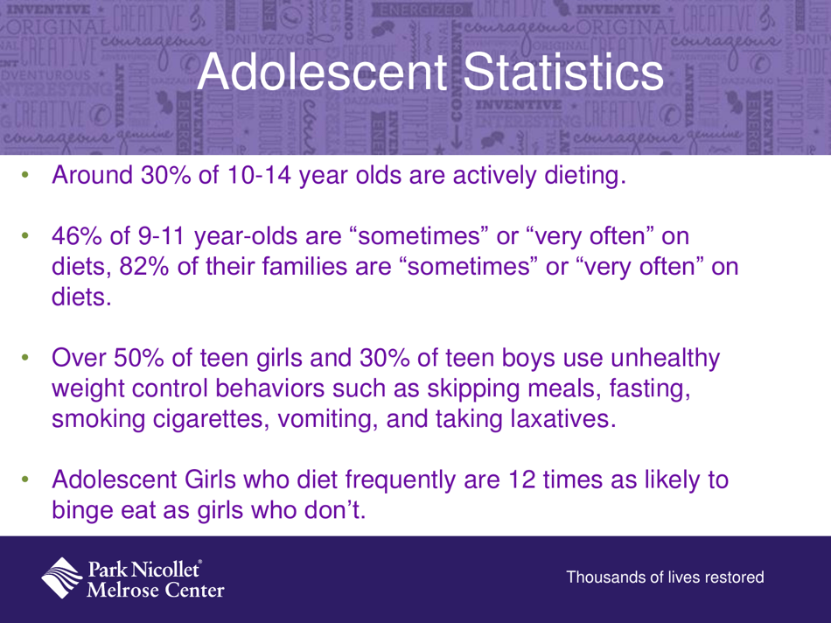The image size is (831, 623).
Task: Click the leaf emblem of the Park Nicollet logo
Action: pyautogui.click(x=63, y=577)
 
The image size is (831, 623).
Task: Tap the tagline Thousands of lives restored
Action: pyautogui.click(x=666, y=577)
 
